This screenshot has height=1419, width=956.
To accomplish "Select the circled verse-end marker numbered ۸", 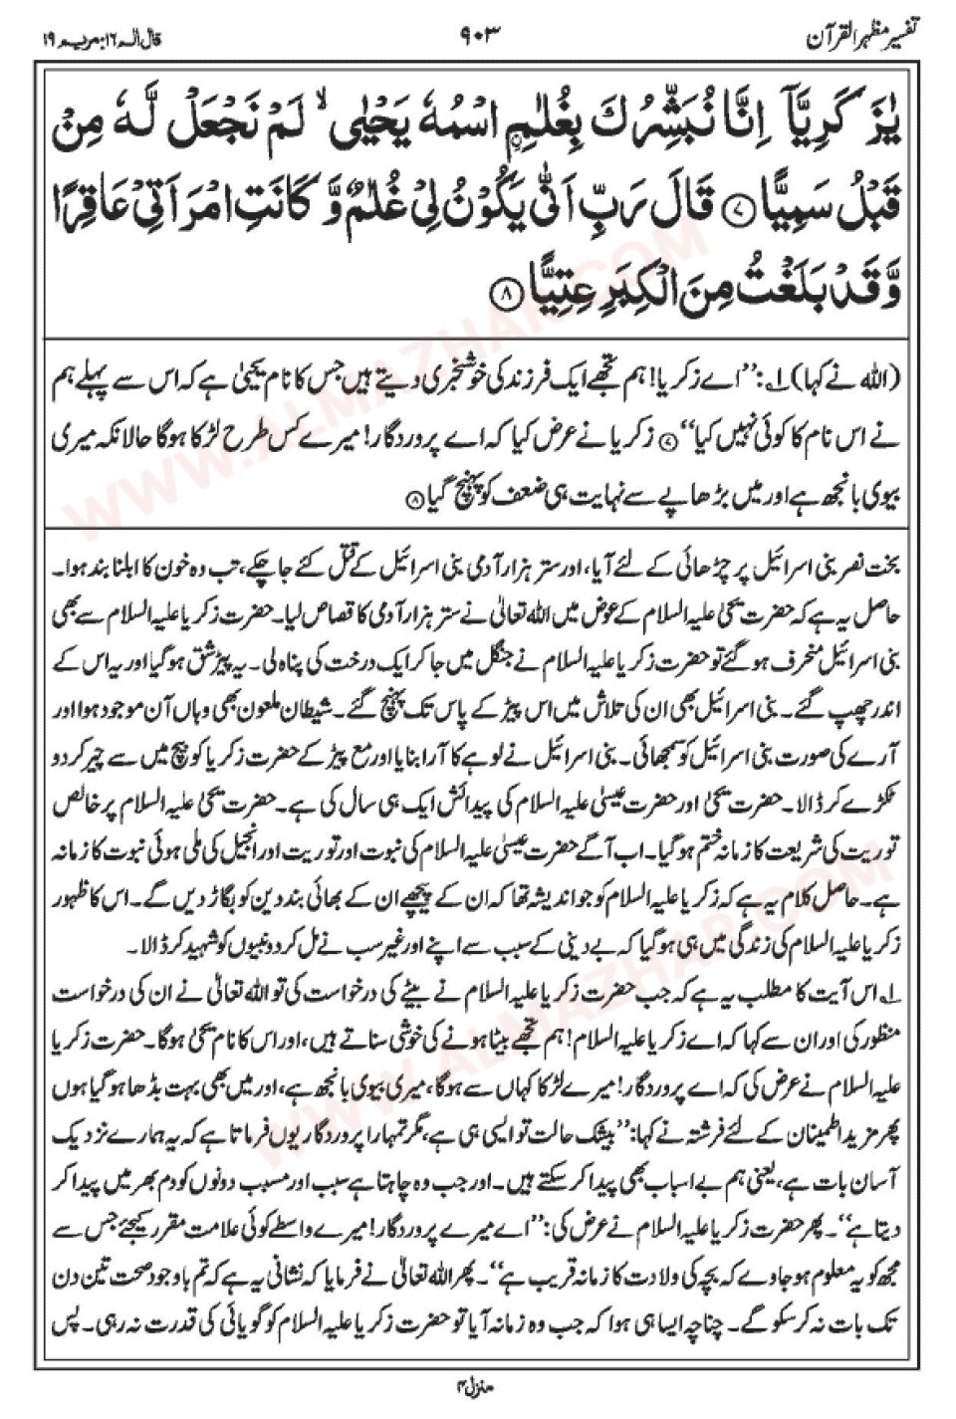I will tap(507, 295).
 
